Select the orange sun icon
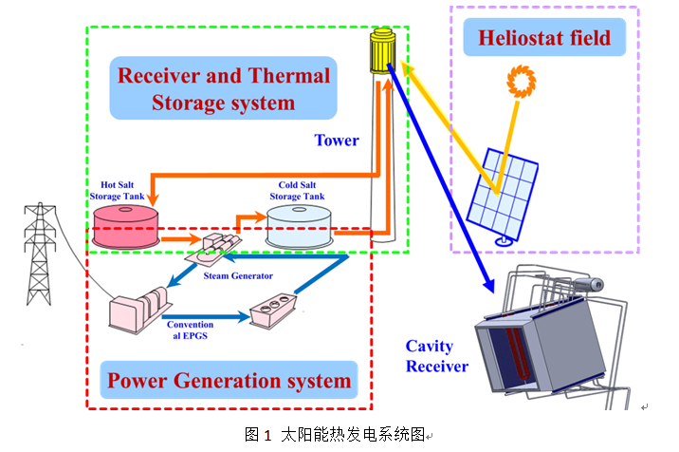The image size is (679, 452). click(521, 82)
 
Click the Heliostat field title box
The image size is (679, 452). click(544, 39)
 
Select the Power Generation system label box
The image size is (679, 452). click(229, 382)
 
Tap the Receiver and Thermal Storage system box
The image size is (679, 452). click(223, 87)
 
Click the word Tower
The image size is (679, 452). click(337, 141)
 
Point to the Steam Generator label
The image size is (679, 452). click(238, 275)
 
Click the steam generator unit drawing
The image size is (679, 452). click(220, 248)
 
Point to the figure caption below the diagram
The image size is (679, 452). click(338, 435)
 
